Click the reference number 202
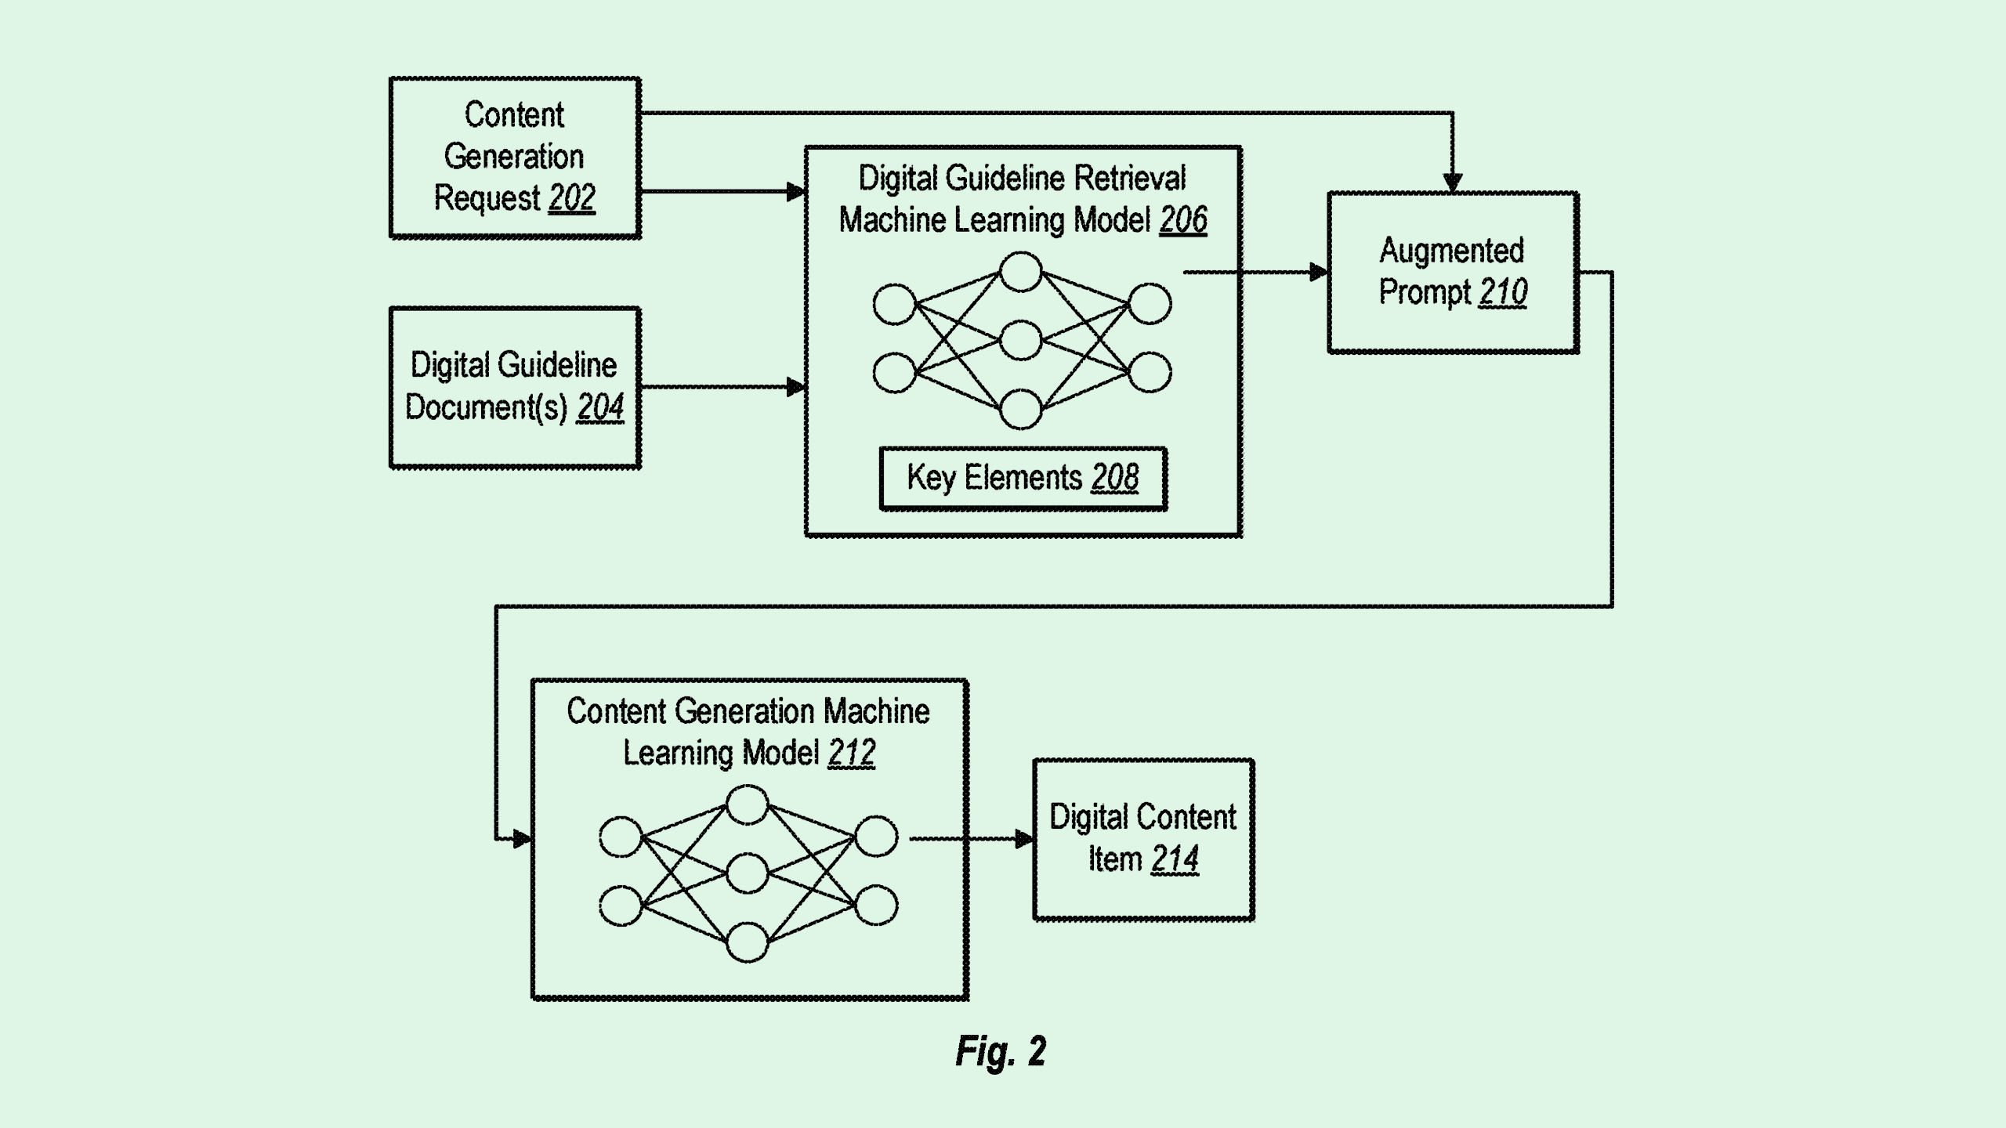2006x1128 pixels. pyautogui.click(x=572, y=198)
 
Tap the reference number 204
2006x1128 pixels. pyautogui.click(x=600, y=407)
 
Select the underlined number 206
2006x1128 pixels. pyautogui.click(x=1183, y=220)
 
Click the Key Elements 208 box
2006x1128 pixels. pyautogui.click(x=1023, y=478)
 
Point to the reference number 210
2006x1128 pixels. pyautogui.click(x=1503, y=292)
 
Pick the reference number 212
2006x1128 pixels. pyautogui.click(x=851, y=753)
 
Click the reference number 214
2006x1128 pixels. pyautogui.click(x=1175, y=859)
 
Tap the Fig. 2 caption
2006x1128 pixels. pyautogui.click(x=1001, y=1051)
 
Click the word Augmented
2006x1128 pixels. pyautogui.click(x=1451, y=251)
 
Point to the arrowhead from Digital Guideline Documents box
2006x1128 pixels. pyautogui.click(x=795, y=387)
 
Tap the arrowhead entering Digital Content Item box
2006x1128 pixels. pyautogui.click(x=1023, y=839)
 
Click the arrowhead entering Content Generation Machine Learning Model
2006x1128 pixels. pyautogui.click(x=522, y=839)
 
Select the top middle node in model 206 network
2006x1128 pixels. pyautogui.click(x=1021, y=272)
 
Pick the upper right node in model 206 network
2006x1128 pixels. pyautogui.click(x=1150, y=304)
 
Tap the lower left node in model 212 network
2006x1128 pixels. pyautogui.click(x=621, y=906)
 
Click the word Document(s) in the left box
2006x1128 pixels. pyautogui.click(x=486, y=407)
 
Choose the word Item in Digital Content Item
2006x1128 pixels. pyautogui.click(x=1114, y=859)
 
